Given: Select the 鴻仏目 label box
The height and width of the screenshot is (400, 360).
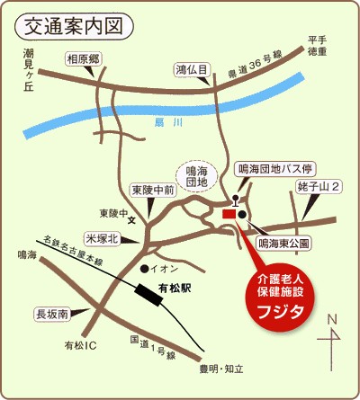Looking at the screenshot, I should [x=193, y=69].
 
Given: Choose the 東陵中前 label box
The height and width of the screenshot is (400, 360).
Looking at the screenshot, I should [x=151, y=190].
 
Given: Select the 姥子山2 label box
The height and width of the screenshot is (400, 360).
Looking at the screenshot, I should [x=319, y=187].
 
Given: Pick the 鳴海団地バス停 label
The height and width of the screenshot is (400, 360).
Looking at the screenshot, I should [x=274, y=169].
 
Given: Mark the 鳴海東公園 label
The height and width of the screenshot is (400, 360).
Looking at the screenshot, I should [x=283, y=243].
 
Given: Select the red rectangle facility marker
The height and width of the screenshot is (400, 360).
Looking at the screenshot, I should [x=228, y=215].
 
